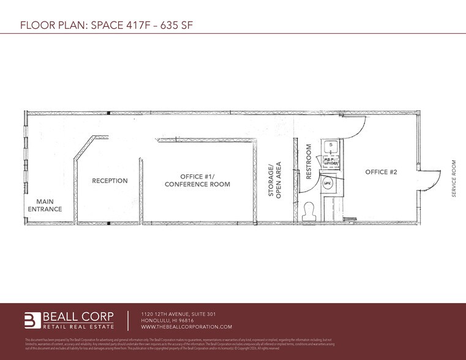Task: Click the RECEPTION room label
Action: pyautogui.click(x=110, y=181)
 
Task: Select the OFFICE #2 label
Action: pyautogui.click(x=381, y=173)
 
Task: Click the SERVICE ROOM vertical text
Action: pyautogui.click(x=454, y=178)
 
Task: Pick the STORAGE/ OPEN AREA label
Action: pyautogui.click(x=274, y=179)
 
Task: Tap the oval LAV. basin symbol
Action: pyautogui.click(x=328, y=183)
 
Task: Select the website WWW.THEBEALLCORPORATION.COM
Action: pyautogui.click(x=187, y=328)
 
